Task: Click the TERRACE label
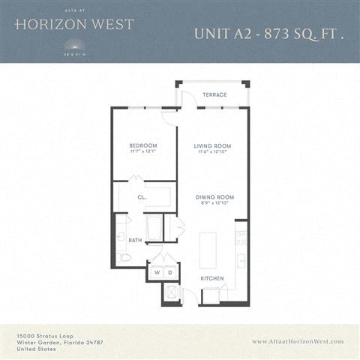214,95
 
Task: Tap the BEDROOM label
142,145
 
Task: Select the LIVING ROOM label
212,145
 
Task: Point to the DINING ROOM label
212,197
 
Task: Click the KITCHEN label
212,279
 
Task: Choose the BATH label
135,240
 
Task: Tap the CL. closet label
141,198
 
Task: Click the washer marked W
157,272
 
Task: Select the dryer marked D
170,272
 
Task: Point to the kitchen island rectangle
207,250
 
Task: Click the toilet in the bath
124,256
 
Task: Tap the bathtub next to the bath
154,228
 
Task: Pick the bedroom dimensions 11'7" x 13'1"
142,152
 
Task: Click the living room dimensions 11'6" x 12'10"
212,152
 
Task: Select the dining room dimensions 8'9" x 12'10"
212,203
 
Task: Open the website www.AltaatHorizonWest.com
298,341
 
